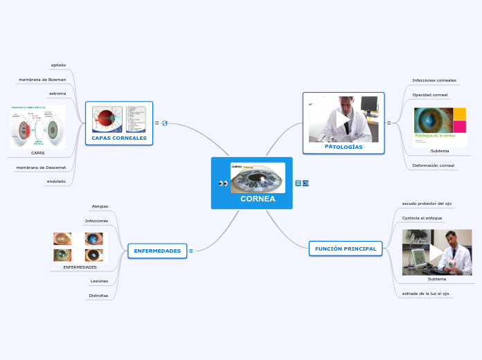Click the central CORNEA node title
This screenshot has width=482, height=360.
[258, 199]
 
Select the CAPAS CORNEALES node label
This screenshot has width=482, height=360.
[119, 138]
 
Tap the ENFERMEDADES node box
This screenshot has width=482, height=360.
[157, 251]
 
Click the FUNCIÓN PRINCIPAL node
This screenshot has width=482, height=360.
[345, 249]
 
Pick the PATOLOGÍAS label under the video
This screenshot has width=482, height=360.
[343, 147]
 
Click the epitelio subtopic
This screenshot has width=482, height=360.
[58, 65]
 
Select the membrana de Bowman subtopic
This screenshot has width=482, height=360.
[42, 80]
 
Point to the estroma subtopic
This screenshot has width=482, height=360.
[57, 93]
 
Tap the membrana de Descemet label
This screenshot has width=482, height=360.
[41, 168]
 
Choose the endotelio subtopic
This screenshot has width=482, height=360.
[56, 181]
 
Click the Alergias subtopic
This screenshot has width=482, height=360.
[100, 206]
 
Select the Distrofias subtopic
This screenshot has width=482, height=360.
[98, 296]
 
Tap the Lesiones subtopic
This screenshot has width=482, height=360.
[99, 281]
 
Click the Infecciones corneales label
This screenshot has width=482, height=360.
[434, 80]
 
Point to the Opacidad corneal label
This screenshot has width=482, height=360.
[430, 94]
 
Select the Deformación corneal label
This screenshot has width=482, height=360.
[433, 165]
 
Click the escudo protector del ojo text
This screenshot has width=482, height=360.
[427, 204]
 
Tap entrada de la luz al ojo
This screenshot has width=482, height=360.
[426, 294]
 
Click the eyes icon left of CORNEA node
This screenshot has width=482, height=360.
[223, 183]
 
